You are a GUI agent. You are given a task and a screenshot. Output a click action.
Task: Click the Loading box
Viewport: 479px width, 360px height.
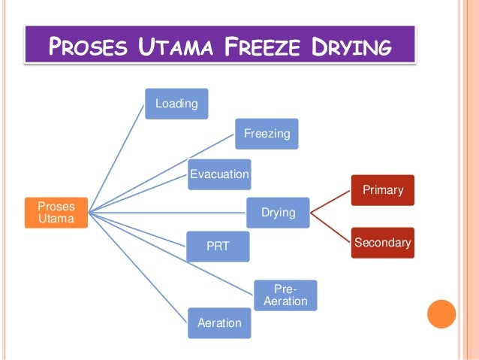(176, 103)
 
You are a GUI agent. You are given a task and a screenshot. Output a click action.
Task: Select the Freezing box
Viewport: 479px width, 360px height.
(267, 135)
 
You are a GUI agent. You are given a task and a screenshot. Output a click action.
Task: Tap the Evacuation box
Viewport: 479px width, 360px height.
(219, 174)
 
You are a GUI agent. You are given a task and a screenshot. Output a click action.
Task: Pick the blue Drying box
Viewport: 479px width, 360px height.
(278, 213)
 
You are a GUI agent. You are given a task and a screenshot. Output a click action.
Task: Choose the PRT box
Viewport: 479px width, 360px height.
(218, 247)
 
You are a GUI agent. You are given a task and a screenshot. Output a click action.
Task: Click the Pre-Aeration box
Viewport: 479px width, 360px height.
(285, 295)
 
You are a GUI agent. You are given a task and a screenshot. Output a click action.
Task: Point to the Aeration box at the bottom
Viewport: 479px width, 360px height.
(219, 322)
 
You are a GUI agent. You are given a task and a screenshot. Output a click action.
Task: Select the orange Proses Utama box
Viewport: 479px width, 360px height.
(56, 213)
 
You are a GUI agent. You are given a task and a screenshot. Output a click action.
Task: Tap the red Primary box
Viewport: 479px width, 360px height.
(383, 190)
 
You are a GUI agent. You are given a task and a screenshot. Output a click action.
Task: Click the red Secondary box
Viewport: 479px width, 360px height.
(382, 243)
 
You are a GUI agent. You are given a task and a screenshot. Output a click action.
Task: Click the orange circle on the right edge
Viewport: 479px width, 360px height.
(441, 314)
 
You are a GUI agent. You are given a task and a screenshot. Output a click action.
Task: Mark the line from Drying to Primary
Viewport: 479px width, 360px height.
(330, 202)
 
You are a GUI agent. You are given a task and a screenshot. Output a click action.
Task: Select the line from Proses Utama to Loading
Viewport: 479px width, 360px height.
(116, 158)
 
